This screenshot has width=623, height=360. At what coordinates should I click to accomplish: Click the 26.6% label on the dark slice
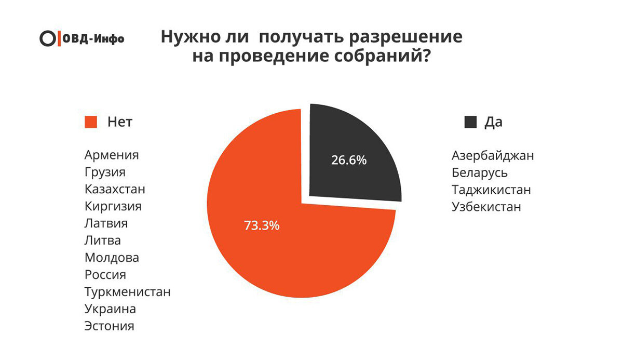tap(349, 160)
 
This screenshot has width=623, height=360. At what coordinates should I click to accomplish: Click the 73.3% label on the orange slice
tap(262, 226)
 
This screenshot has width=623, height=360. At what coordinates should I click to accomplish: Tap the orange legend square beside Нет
tap(91, 122)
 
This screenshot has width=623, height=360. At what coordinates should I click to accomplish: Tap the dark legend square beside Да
tap(470, 122)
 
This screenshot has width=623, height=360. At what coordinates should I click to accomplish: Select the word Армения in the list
tap(112, 155)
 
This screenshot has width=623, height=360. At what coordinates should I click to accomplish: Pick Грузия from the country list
tap(105, 172)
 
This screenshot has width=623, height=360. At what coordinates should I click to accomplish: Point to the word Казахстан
tap(115, 189)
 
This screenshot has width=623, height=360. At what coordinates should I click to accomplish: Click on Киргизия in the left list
tap(113, 206)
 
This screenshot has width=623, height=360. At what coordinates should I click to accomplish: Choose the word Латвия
tap(106, 223)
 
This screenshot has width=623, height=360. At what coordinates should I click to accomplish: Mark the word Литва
tap(102, 241)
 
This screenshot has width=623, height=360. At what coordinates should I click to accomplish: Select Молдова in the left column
tap(112, 258)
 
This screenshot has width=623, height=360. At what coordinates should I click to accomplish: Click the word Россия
tap(105, 275)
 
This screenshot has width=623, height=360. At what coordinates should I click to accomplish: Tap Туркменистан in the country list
tap(127, 292)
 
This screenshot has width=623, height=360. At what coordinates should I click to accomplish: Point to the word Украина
tap(110, 309)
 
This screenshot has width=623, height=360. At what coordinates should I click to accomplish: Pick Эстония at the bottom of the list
tap(109, 326)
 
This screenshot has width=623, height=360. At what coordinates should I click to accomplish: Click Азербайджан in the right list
tap(493, 155)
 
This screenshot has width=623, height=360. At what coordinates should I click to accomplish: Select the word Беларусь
tap(480, 172)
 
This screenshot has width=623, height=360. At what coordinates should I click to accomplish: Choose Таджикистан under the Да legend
tap(491, 190)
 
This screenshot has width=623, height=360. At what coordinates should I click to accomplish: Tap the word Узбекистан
tap(486, 207)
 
